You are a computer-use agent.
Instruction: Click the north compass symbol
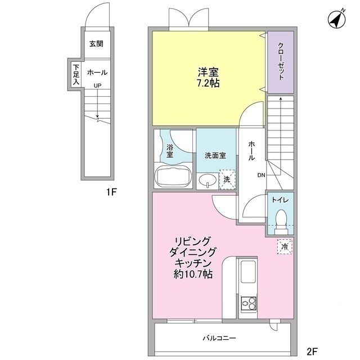337,20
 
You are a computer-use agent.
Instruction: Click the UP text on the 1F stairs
98,85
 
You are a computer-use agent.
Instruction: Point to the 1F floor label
111,192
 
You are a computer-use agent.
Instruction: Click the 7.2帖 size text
208,83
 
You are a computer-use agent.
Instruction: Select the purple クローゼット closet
280,62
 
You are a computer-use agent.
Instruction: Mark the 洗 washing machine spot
227,179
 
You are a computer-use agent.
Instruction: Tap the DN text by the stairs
262,175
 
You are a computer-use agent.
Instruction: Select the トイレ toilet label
280,200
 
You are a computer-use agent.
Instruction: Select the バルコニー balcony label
219,338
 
